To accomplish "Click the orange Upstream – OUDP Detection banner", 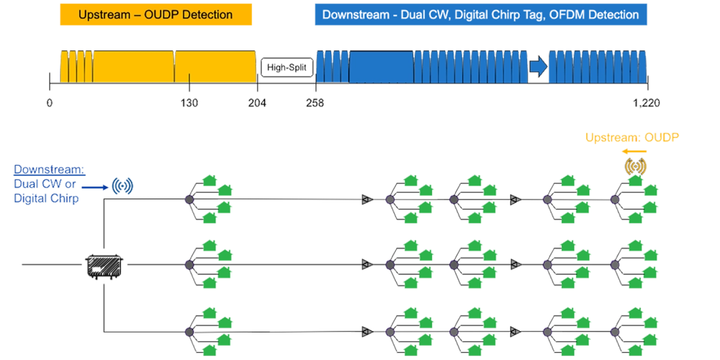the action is click(156, 14).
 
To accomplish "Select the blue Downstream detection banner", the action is click(481, 14).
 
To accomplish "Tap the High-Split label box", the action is click(287, 67).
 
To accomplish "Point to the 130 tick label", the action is click(189, 103).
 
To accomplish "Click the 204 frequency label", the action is click(257, 103).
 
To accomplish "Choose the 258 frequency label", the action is click(315, 103).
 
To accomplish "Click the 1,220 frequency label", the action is click(647, 103).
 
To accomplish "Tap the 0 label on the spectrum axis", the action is click(49, 103).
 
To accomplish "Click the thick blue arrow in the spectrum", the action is click(538, 67).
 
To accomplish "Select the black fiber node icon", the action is click(104, 265).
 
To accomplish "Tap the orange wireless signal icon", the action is click(635, 166).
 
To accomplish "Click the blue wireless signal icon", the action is click(122, 186).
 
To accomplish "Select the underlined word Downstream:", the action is click(49, 169).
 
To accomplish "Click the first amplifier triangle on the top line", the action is click(367, 199).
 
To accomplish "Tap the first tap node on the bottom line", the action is click(189, 332).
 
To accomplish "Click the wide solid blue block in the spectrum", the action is click(381, 67).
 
